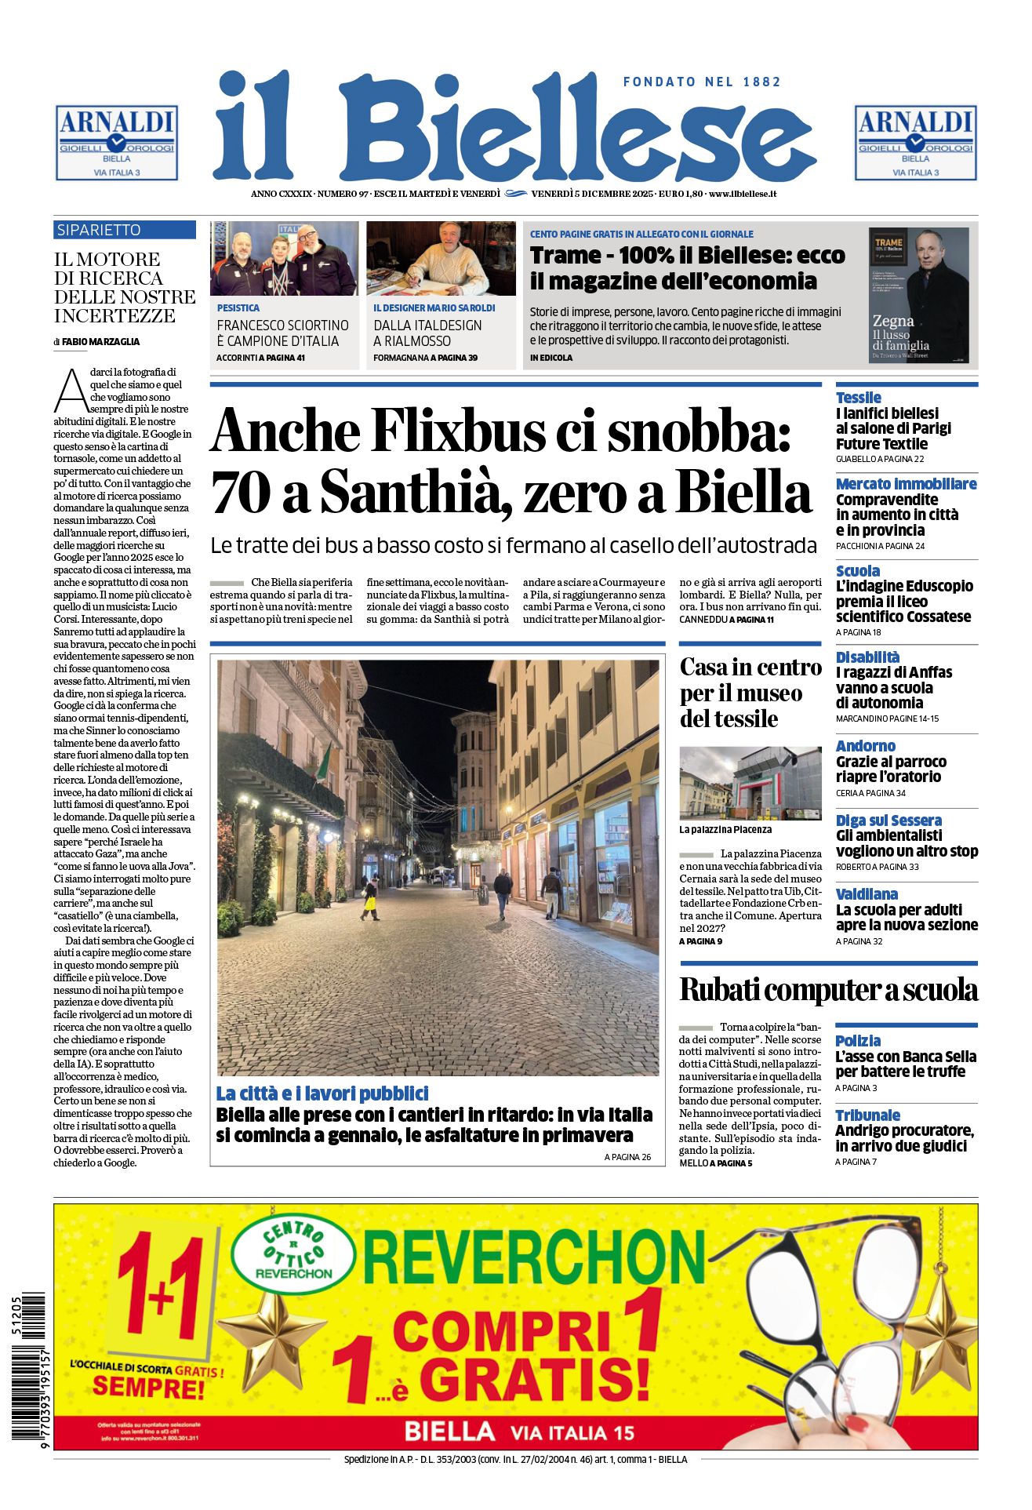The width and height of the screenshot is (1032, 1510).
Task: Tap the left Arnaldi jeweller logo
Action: coord(117,143)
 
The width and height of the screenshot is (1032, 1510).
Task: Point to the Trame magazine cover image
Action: coord(918,295)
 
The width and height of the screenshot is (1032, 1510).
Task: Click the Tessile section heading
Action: coord(858,398)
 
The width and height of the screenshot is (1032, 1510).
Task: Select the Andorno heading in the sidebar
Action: coord(865,746)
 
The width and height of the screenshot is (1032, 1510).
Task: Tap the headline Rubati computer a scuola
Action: coord(828,990)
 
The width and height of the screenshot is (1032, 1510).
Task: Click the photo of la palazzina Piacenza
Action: coord(750,783)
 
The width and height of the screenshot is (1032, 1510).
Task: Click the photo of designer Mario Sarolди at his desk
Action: coord(441,258)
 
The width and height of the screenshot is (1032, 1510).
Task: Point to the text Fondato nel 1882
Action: coord(702,82)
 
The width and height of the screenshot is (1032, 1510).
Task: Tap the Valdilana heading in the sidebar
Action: coord(867,894)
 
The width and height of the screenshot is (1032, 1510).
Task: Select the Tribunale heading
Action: coord(867,1115)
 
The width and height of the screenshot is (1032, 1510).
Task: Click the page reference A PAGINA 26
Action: coord(627,1157)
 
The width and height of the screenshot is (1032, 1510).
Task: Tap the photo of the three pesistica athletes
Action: coord(284,258)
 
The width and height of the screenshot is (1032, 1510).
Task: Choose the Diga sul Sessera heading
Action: coord(888,820)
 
